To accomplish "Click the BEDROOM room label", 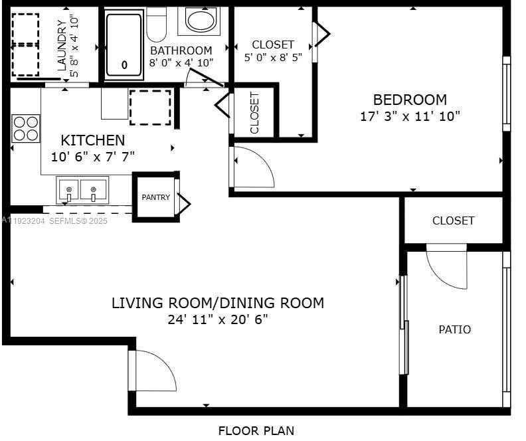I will (410, 100).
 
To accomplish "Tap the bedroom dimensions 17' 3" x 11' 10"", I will (410, 116).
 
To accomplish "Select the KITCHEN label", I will (92, 140).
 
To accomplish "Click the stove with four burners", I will (26, 128).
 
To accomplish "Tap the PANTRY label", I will (155, 197).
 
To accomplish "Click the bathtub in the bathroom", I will (124, 44).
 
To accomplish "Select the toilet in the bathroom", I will (157, 25).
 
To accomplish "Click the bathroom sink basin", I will (200, 20).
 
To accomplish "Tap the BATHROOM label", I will (181, 50).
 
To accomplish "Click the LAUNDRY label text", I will (62, 45).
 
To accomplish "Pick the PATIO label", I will (455, 329).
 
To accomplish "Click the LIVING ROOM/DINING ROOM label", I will (217, 303).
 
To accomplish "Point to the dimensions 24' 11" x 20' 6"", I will (217, 319).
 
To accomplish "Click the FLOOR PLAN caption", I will (256, 430).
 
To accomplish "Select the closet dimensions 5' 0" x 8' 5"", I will (273, 57).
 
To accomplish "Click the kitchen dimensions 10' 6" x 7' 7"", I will (92, 157).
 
